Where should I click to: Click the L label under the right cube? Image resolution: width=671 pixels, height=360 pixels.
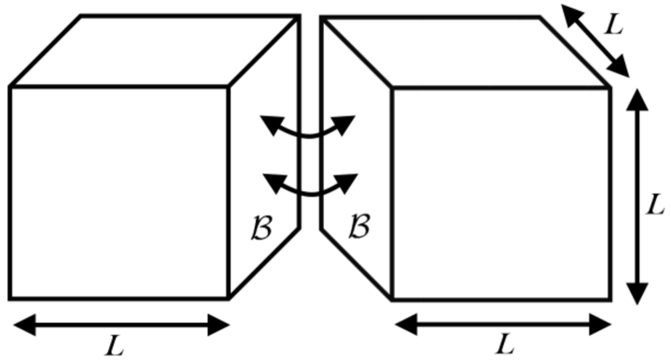pos(505,345)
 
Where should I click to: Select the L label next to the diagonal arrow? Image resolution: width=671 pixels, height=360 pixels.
pos(613,25)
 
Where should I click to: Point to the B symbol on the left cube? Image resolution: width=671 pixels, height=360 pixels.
pos(264,227)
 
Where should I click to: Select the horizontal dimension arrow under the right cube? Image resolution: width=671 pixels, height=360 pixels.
pos(503,324)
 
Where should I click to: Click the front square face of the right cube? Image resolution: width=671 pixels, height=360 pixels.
pos(501,194)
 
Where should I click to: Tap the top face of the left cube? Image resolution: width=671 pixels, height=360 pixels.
pos(154,51)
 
